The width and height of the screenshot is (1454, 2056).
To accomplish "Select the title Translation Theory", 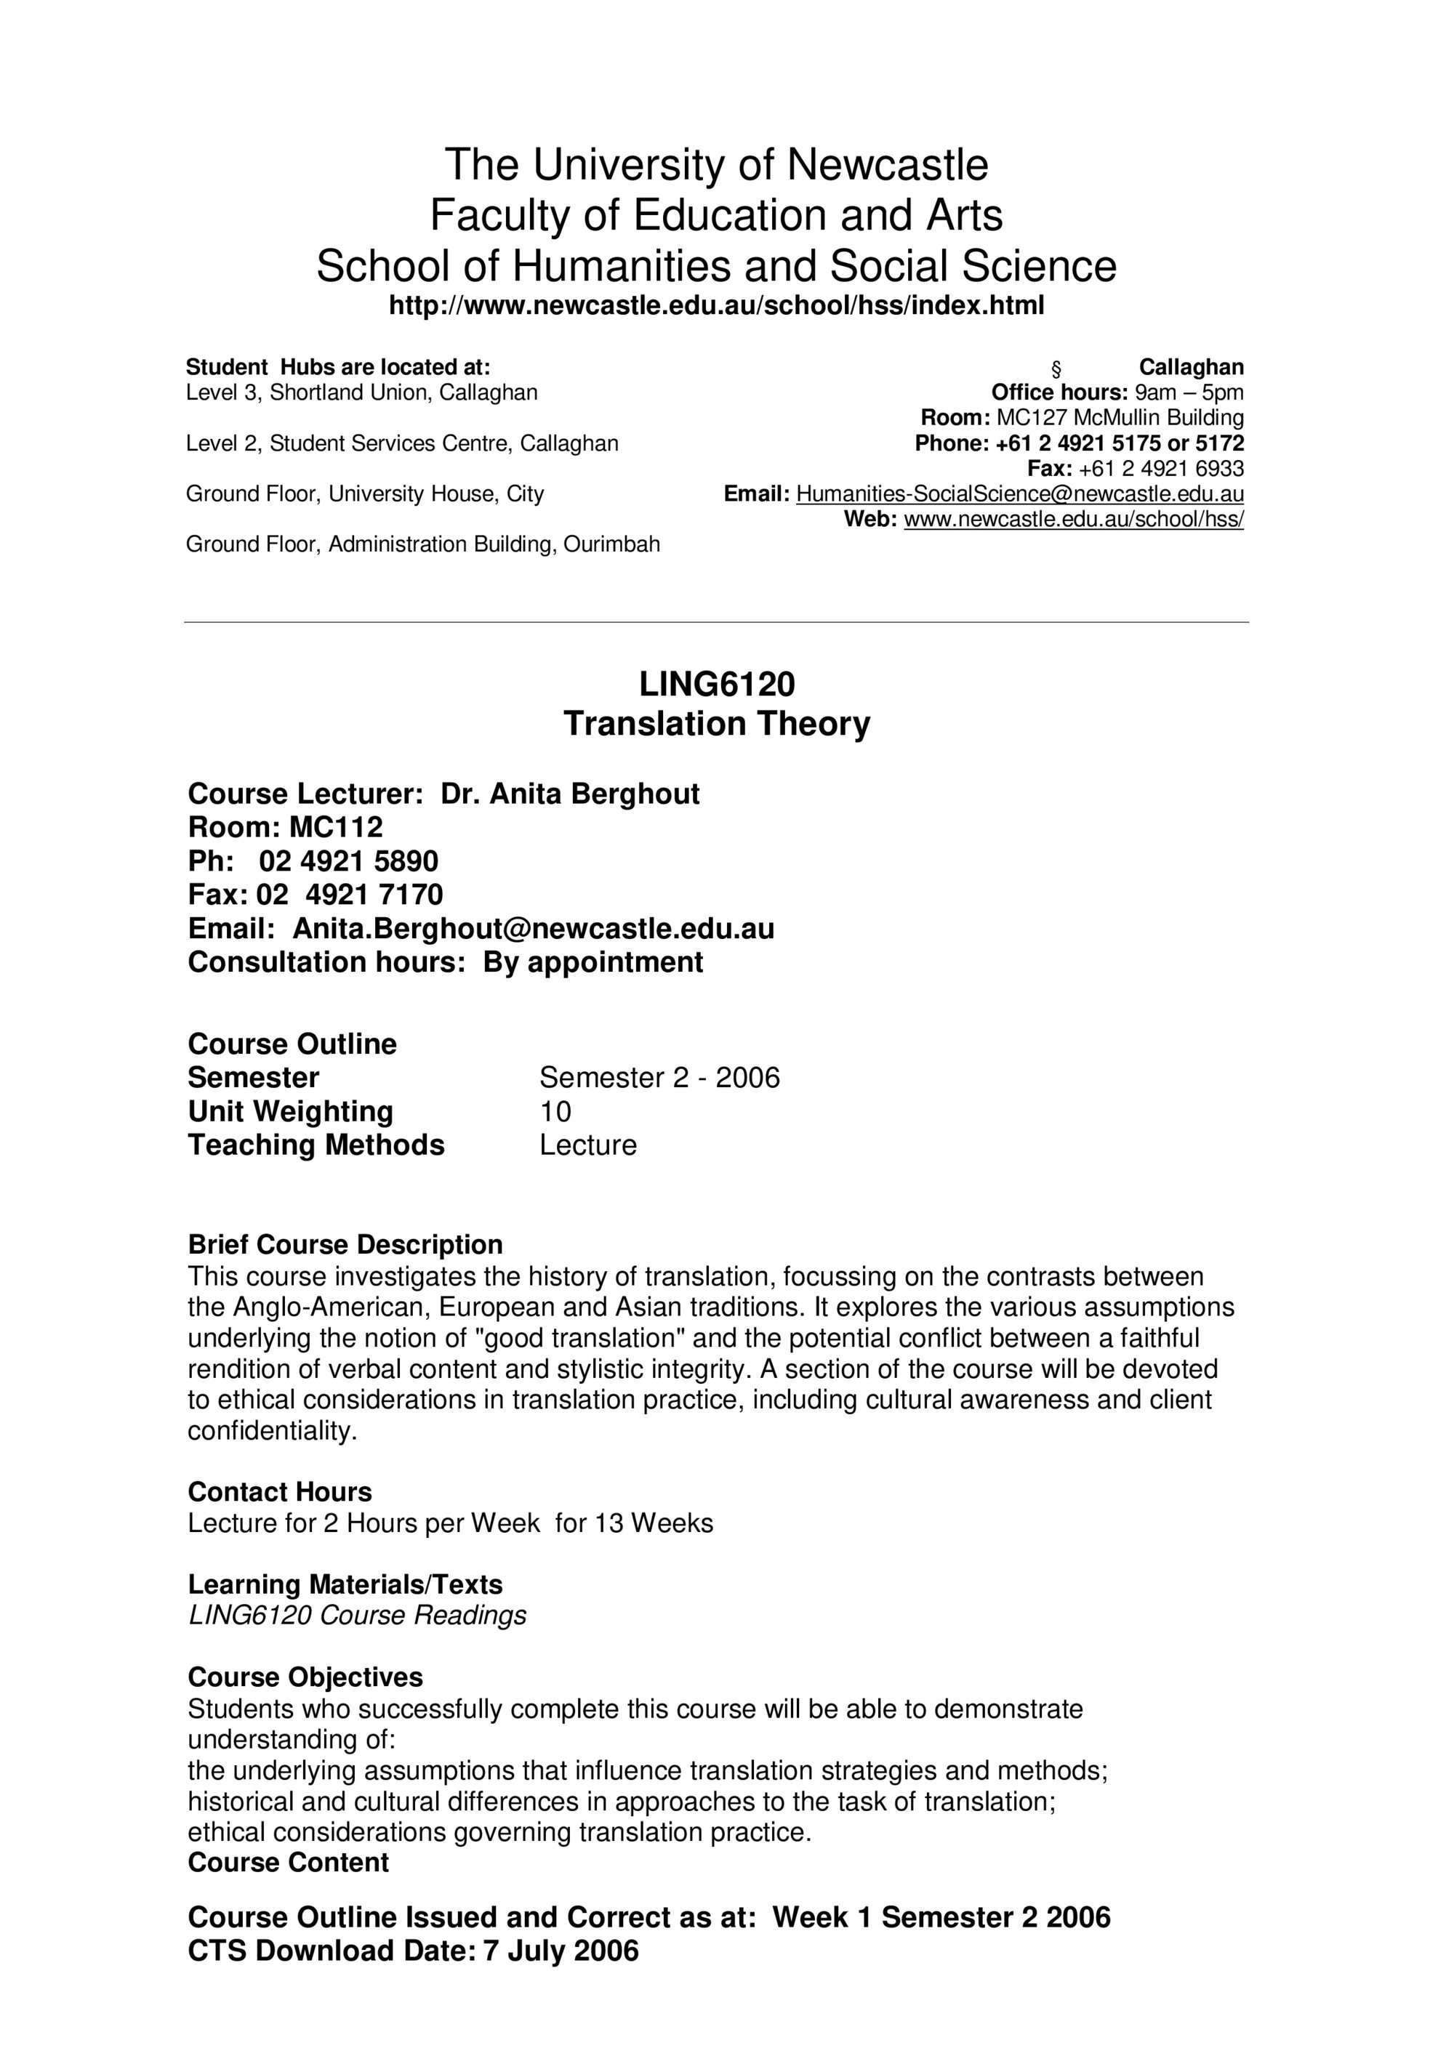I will pyautogui.click(x=717, y=724).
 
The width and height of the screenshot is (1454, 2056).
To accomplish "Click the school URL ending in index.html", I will pyautogui.click(x=717, y=306).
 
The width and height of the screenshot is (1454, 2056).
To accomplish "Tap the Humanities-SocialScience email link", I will pyautogui.click(x=1019, y=493).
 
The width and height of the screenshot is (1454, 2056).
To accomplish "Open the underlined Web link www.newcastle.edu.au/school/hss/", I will pyautogui.click(x=1073, y=520).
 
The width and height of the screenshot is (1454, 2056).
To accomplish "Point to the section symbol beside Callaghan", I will pyautogui.click(x=1056, y=368).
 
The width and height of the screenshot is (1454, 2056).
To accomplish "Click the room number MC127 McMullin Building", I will pyautogui.click(x=1120, y=417).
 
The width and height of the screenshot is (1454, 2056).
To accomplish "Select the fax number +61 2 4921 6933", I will pyautogui.click(x=1161, y=468).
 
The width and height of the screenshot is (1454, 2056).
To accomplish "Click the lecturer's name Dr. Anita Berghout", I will pyautogui.click(x=570, y=794).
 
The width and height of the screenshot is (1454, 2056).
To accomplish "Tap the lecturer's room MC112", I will pyautogui.click(x=336, y=826).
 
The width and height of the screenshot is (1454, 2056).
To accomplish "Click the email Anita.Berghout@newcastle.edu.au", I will pyautogui.click(x=533, y=929).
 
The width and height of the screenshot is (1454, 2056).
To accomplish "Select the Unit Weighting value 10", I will pyautogui.click(x=555, y=1111).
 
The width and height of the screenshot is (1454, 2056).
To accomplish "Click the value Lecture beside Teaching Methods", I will pyautogui.click(x=587, y=1145).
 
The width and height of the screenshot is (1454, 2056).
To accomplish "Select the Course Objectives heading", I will pyautogui.click(x=305, y=1677).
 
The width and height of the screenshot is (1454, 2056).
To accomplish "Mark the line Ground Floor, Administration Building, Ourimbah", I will pyautogui.click(x=423, y=544).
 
